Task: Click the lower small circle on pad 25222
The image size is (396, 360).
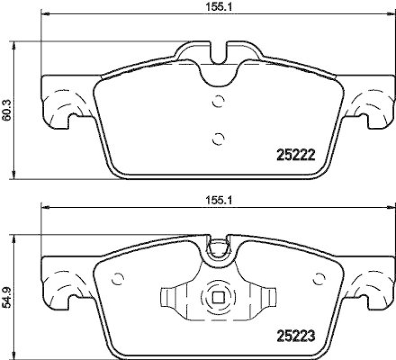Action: click(217, 139)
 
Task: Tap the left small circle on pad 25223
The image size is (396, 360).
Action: click(118, 279)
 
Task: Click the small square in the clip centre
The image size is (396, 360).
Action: click(217, 297)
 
